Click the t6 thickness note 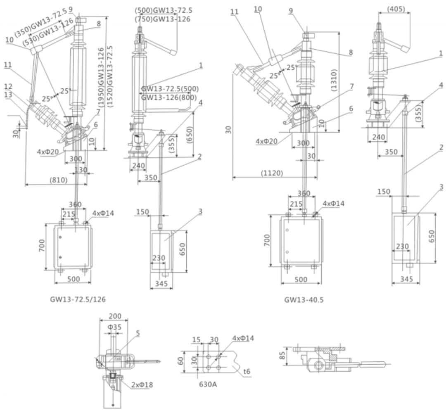[247, 372]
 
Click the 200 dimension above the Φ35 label [114, 316]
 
